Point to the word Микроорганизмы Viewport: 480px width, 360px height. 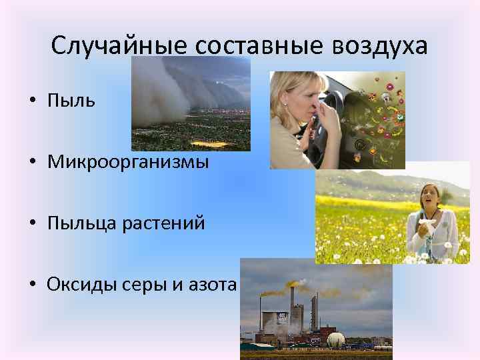pos(127,161)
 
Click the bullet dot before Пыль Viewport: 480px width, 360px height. pos(32,101)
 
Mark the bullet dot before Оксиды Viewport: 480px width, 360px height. pos(32,285)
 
